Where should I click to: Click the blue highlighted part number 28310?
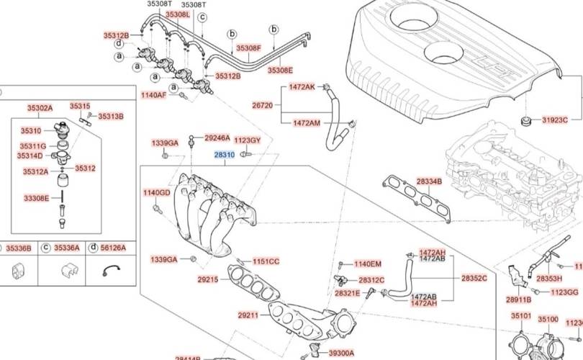[225, 155]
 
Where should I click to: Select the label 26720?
[262, 105]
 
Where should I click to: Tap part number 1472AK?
[302, 86]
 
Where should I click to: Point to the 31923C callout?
[555, 120]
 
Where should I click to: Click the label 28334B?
[429, 181]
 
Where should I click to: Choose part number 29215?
[207, 279]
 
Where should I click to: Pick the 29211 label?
[247, 315]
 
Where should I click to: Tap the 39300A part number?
[341, 354]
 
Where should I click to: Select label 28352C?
[474, 278]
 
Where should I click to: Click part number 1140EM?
[368, 264]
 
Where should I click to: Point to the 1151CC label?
[266, 261]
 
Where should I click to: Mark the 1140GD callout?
[156, 193]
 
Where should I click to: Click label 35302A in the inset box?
[40, 108]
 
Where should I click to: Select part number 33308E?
[37, 197]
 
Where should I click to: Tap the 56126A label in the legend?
[112, 248]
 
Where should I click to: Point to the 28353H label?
[549, 278]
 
